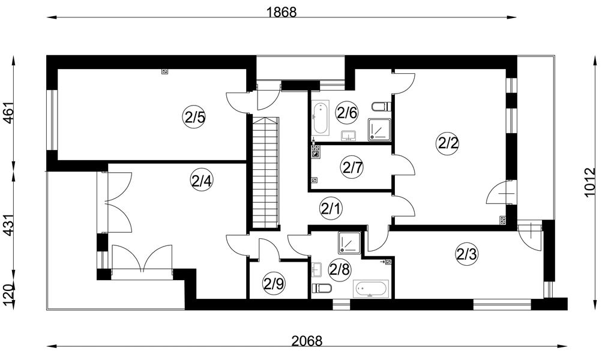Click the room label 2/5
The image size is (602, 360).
pos(194,118)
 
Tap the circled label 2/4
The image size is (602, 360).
pos(202,181)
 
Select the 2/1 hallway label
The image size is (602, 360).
pos(331,209)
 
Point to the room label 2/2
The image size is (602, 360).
pos(448,143)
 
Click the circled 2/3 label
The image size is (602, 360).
pos(466,254)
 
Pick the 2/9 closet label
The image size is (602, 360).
pos(273,284)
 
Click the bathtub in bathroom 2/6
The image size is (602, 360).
pos(320,118)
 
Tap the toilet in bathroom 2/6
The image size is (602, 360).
pos(382,106)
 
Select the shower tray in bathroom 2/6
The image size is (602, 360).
pos(379,130)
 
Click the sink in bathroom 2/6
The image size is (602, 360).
pos(349,136)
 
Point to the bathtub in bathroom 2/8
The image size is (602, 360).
pos(372,289)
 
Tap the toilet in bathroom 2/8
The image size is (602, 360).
pos(322,288)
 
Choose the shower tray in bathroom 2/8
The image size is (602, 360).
pos(349,243)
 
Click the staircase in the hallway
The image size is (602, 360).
pos(265,172)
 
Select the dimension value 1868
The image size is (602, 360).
pos(282,12)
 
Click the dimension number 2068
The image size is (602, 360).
pos(307,340)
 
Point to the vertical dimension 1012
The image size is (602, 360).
pos(589,182)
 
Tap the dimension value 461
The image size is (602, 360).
pos(8,113)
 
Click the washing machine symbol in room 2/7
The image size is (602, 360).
pos(316,154)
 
